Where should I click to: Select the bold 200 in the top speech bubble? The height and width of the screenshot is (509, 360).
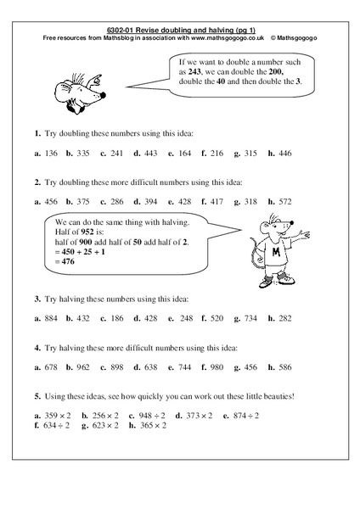coord(292,74)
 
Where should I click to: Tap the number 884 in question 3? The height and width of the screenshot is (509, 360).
coord(54,318)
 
